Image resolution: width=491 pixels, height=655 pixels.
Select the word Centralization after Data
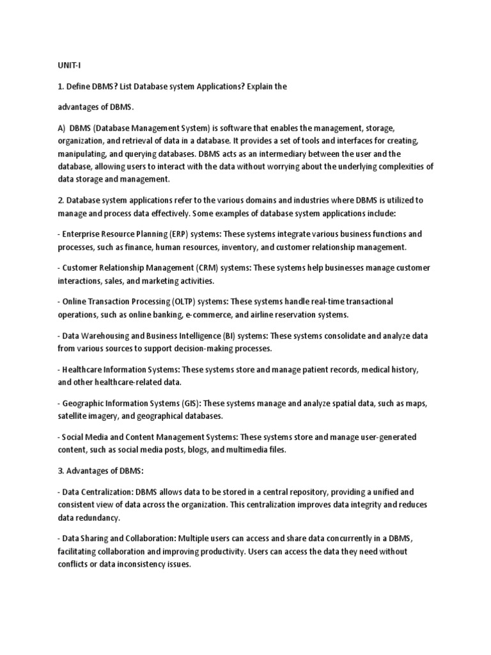(x=114, y=492)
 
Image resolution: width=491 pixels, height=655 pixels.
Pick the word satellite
(x=74, y=416)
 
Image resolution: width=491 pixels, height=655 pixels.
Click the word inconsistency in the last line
(x=140, y=564)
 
